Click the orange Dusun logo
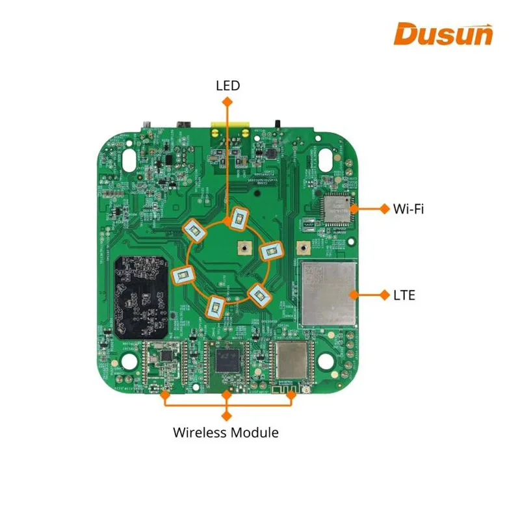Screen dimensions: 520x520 443,34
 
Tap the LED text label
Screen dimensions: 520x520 227,85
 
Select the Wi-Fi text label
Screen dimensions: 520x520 409,209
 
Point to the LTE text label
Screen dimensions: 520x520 404,295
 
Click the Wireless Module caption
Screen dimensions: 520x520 226,432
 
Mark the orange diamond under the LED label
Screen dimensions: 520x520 227,101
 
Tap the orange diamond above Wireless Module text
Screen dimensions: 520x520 227,414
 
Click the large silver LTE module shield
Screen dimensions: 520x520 329,293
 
